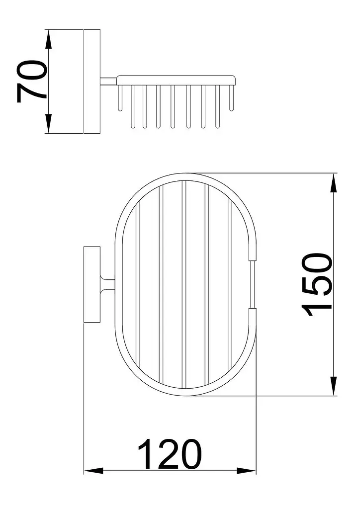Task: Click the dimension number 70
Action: coord(32,81)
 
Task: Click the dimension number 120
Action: coord(170,454)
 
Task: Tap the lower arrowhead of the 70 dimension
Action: coord(48,123)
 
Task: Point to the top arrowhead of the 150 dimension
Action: coord(334,183)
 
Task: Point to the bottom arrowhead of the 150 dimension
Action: coord(334,386)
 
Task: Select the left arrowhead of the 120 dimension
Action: coord(94,470)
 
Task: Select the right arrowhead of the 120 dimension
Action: coord(247,470)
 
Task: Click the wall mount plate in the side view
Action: coord(92,82)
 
